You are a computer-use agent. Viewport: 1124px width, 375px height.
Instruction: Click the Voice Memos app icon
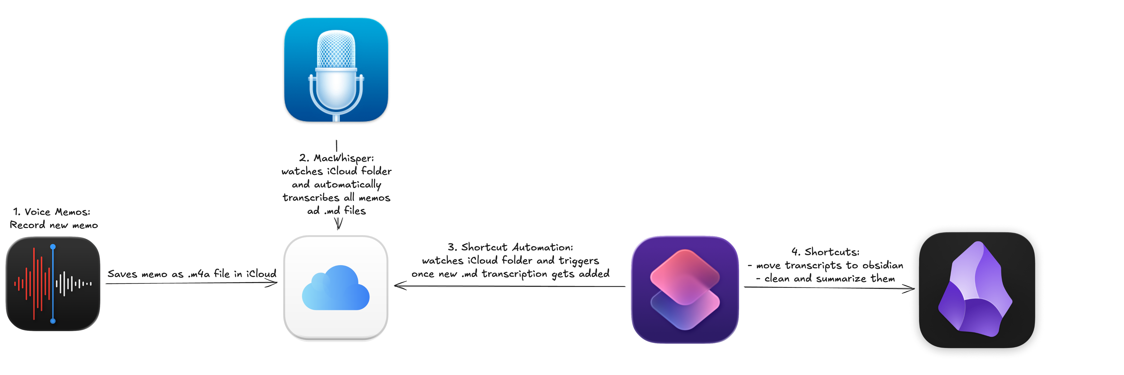pyautogui.click(x=53, y=284)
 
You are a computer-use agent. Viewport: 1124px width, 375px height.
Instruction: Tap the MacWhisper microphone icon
pyautogui.click(x=336, y=70)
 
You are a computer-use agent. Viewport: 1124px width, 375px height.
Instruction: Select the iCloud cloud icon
pyautogui.click(x=336, y=288)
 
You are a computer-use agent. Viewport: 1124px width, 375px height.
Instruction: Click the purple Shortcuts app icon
pyautogui.click(x=685, y=289)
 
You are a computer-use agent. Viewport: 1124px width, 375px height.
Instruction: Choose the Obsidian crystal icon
pyautogui.click(x=977, y=290)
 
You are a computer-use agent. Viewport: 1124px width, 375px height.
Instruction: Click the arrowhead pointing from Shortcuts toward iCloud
pyautogui.click(x=398, y=286)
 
